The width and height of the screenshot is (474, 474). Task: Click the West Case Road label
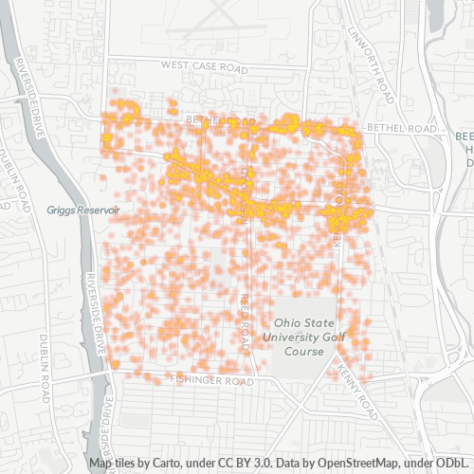[205, 66]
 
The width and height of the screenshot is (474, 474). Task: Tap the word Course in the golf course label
[303, 351]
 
